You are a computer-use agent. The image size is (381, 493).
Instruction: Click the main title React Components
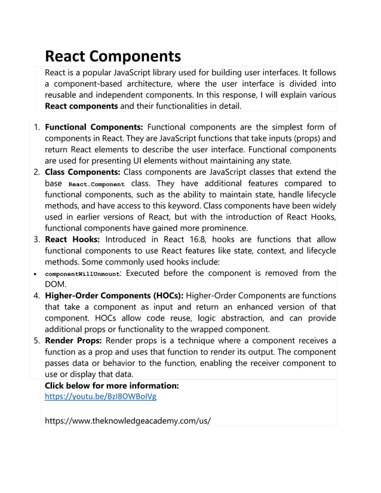113,56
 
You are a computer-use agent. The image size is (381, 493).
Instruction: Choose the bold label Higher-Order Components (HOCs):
115,295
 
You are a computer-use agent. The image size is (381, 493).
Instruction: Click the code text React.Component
97,184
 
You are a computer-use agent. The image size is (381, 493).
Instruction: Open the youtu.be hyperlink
101,396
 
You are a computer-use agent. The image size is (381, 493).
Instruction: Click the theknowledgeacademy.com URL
128,420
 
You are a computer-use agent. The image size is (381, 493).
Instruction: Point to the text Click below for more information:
112,386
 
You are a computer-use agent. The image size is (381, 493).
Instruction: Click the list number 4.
36,295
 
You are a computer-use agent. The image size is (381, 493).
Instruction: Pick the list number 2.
36,172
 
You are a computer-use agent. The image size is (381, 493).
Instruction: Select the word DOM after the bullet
56,285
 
